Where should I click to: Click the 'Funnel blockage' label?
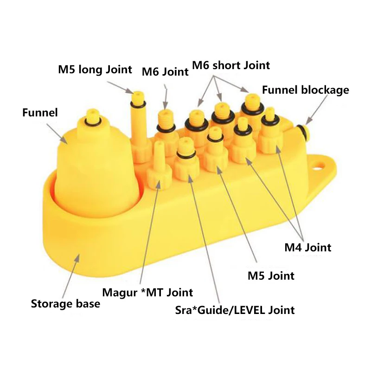(x=305, y=90)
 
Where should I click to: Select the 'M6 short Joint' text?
(x=230, y=65)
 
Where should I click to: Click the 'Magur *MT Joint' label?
(x=147, y=292)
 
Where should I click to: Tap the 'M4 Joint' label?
(x=307, y=247)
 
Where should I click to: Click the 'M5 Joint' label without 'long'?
(x=271, y=276)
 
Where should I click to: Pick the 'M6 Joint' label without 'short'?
(x=165, y=72)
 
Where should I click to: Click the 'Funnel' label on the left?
(x=39, y=112)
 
